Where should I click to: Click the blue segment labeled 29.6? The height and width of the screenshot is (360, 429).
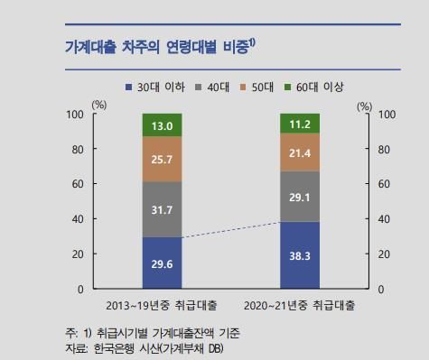163,263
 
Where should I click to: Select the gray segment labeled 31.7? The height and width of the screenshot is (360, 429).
163,209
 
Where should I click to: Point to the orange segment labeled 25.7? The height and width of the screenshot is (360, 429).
163,159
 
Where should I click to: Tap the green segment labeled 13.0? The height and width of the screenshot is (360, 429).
163,125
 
